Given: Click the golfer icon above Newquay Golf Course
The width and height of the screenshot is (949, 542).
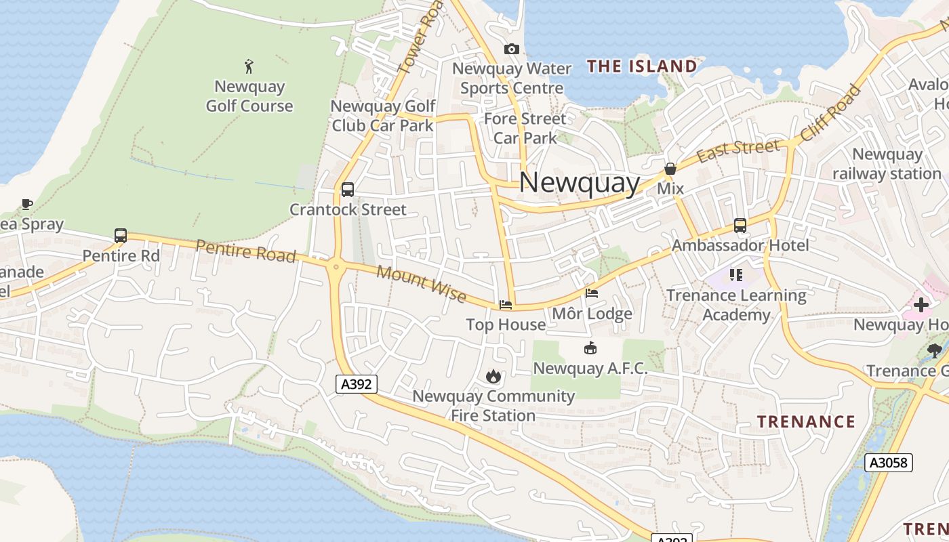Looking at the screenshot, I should (249, 66).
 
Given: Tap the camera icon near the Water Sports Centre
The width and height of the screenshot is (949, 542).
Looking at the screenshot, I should (512, 49).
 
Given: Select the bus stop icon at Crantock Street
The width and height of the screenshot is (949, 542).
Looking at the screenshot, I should (348, 190).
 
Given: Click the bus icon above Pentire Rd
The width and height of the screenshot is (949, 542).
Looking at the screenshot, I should (121, 236).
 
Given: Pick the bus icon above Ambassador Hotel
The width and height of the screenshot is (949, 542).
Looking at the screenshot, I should (740, 226).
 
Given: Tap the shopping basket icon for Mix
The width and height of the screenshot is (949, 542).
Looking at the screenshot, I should (670, 169).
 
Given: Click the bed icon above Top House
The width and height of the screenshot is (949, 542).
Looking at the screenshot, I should (506, 305).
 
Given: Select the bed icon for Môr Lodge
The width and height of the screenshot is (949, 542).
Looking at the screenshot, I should (592, 293).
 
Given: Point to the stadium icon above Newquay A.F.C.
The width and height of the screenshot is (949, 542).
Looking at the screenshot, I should (590, 348).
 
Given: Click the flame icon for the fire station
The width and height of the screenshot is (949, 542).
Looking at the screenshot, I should (493, 376).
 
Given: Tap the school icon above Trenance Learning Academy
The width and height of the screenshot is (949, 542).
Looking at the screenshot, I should (736, 275).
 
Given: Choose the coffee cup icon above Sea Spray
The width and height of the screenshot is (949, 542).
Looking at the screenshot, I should (27, 204).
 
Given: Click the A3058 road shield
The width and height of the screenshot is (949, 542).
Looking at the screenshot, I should (889, 463).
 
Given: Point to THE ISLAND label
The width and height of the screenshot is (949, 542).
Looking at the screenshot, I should (641, 66).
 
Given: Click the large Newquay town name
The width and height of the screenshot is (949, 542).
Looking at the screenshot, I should (580, 183).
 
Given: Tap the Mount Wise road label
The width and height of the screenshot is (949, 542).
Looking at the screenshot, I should (421, 283).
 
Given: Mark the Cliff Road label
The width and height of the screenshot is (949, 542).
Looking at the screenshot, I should (830, 112).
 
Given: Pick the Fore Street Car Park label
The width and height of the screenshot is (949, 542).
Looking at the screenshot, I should (525, 128).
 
